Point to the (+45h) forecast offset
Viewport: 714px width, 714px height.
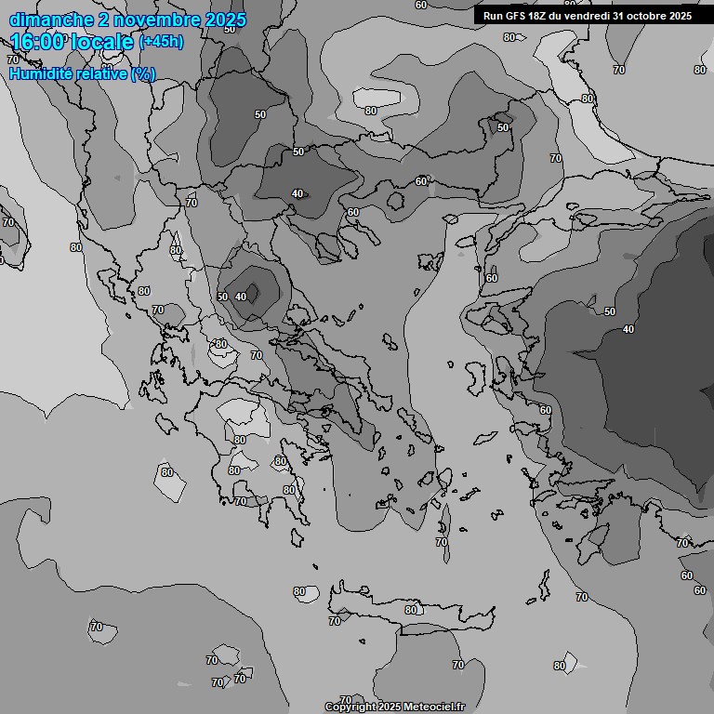point(161,42)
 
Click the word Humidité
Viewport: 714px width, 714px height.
point(36,73)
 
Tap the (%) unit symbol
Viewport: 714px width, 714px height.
point(143,73)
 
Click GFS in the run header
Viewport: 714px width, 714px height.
point(518,16)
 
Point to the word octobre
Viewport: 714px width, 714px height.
point(647,16)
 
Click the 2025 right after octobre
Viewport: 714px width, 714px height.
point(681,16)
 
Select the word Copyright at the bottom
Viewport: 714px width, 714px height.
point(350,707)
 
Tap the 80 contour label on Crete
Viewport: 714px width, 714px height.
point(411,610)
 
